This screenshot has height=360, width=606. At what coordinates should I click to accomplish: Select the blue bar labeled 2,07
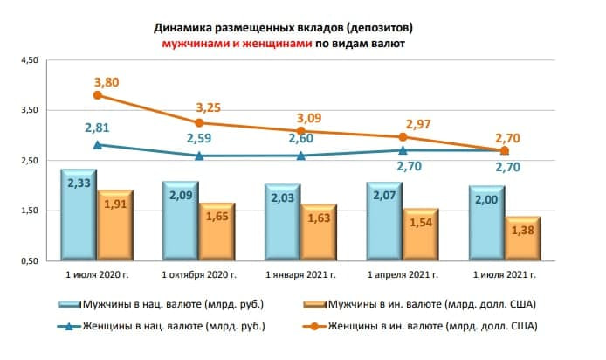click(x=382, y=222)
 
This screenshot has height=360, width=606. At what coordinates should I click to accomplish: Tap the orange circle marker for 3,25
click(x=199, y=123)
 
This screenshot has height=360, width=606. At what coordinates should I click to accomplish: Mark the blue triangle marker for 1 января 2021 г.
click(x=301, y=156)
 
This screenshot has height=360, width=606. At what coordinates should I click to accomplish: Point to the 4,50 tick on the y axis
click(x=30, y=60)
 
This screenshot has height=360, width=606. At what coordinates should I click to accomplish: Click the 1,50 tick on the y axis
click(x=30, y=211)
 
